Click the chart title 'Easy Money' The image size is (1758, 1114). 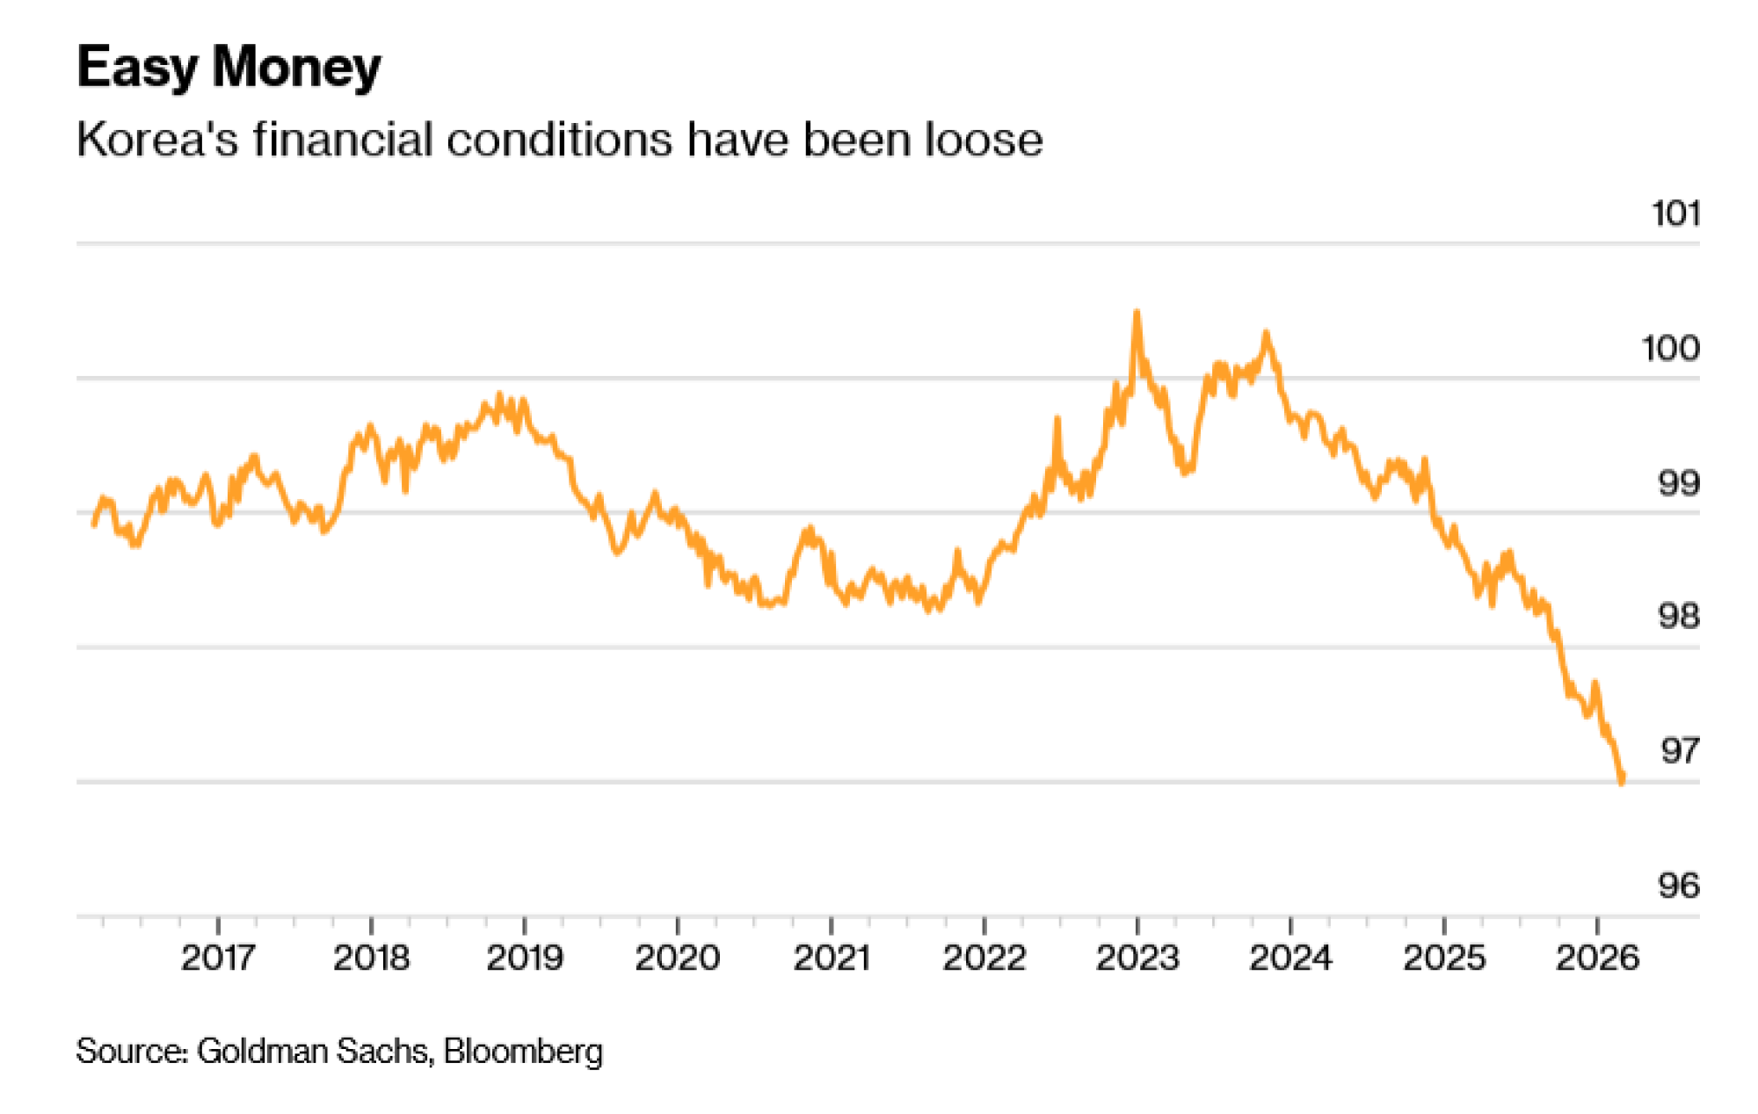click(229, 67)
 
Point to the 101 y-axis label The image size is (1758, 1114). click(1675, 213)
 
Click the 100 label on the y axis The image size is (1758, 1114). click(1670, 349)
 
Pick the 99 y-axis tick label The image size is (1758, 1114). click(1678, 483)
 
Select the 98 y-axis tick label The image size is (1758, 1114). click(1678, 617)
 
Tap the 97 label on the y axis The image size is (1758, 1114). click(1679, 751)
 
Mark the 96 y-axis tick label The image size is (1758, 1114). click(1678, 886)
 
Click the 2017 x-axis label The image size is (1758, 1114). click(218, 958)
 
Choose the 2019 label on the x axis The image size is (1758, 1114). click(524, 958)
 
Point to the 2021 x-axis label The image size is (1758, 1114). click(831, 958)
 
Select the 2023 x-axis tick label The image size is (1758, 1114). click(1137, 958)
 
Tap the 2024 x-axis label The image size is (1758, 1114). click(1289, 958)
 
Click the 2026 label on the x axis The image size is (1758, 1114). click(1596, 958)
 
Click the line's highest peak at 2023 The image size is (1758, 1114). click(1137, 312)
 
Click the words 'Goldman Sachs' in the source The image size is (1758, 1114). click(313, 1051)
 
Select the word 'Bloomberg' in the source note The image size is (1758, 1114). click(523, 1051)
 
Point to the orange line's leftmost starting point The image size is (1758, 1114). click(94, 524)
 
